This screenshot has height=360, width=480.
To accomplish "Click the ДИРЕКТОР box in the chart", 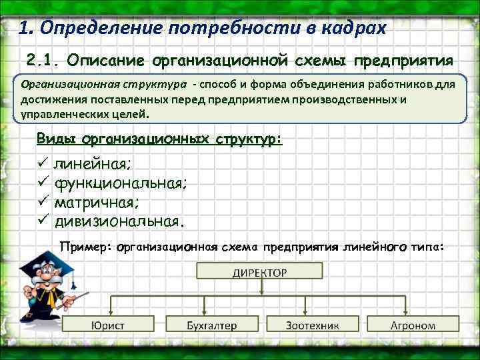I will [x=260, y=272].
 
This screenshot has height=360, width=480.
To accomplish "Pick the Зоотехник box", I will [x=312, y=325].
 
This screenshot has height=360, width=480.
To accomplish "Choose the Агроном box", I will [x=412, y=325].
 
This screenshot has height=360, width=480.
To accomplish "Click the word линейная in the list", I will [x=93, y=163].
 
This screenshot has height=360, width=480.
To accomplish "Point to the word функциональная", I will [x=121, y=182].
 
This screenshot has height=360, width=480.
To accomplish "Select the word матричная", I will [x=98, y=201].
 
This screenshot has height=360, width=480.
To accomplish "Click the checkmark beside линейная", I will [x=45, y=163].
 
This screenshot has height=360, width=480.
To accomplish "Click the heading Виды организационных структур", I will [x=160, y=139].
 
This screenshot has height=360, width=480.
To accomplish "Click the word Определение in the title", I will [x=100, y=29].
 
